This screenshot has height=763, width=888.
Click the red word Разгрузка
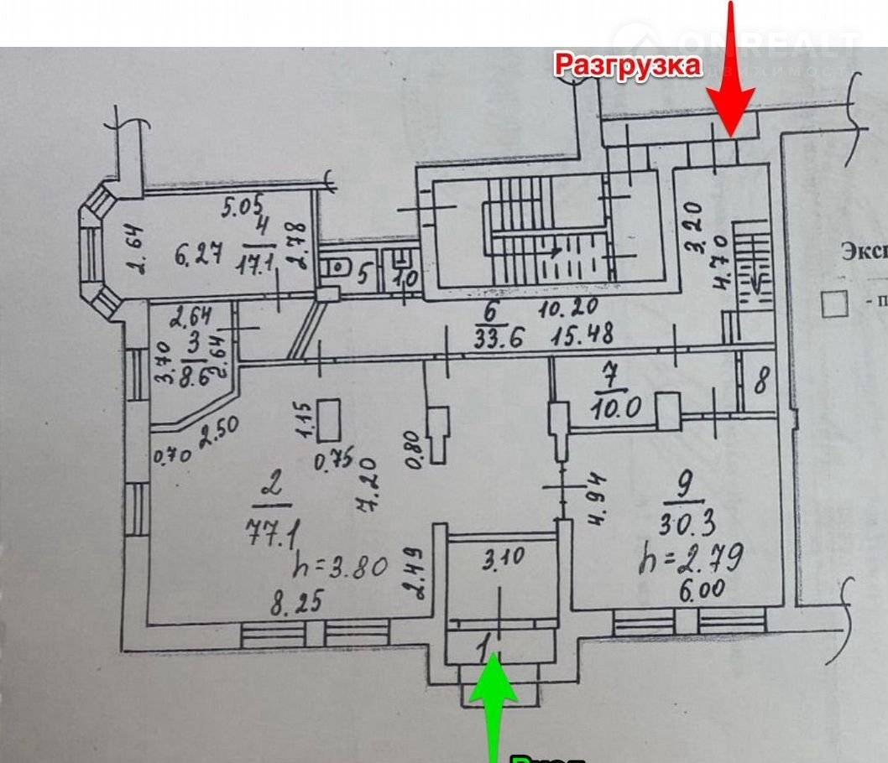[x=627, y=65]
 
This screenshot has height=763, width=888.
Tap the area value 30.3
[x=687, y=525]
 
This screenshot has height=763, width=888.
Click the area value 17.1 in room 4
[x=259, y=259]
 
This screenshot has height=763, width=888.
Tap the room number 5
[x=364, y=272]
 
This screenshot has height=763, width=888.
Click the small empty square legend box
[x=833, y=304]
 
